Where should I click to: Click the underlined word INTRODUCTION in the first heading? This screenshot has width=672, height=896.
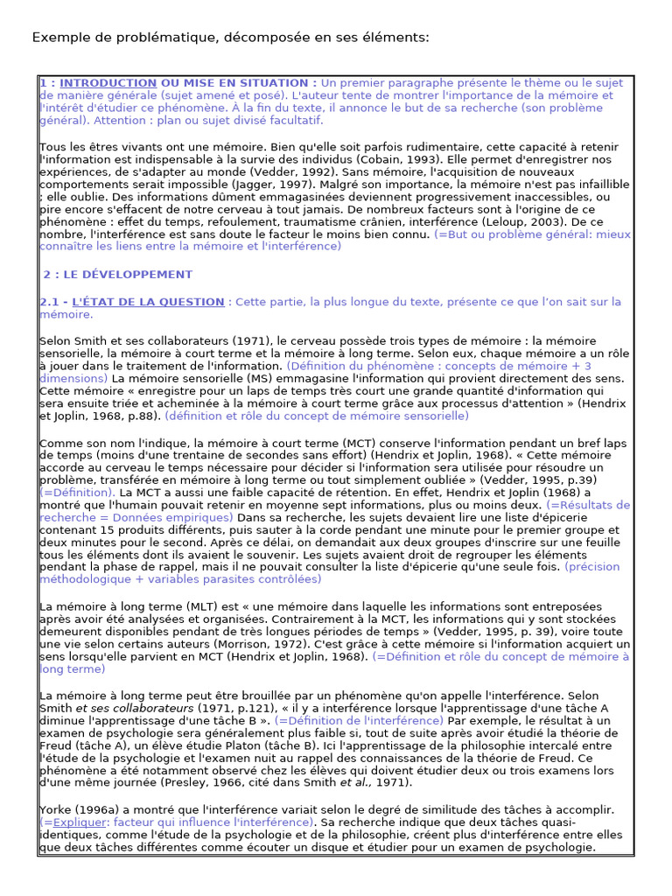(x=108, y=83)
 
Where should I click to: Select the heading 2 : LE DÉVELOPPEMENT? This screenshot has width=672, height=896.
(x=117, y=274)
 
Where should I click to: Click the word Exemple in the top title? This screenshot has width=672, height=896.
(x=61, y=37)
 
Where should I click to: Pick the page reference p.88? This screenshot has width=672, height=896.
(x=140, y=416)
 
